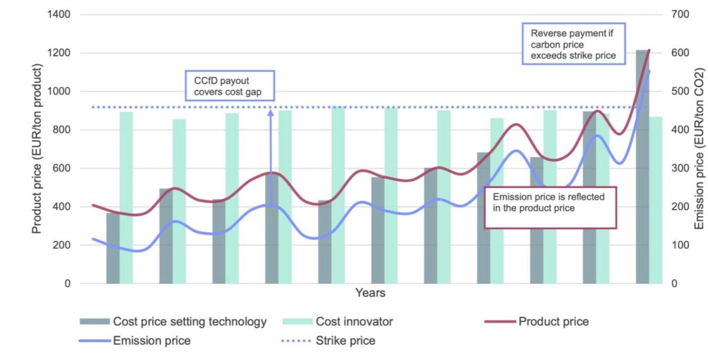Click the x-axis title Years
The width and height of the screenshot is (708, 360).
pyautogui.click(x=370, y=294)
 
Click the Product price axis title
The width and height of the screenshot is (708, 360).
pyautogui.click(x=37, y=149)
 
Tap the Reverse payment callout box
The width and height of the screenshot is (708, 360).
pyautogui.click(x=572, y=44)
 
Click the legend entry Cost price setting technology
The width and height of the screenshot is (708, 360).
pyautogui.click(x=173, y=321)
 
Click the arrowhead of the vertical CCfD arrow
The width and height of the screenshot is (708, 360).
pyautogui.click(x=270, y=112)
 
